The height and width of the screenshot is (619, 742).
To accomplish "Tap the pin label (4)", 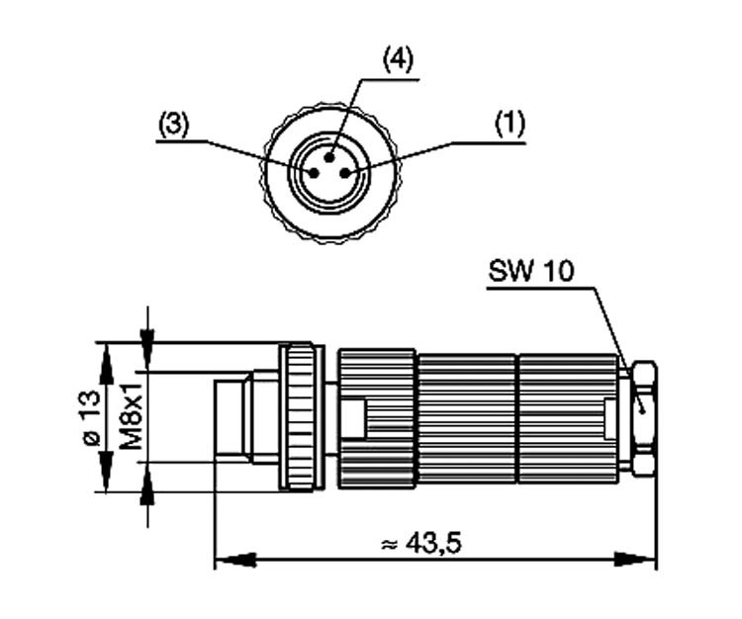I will point(398,59).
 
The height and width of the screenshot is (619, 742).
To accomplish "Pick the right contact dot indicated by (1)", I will point(345,172).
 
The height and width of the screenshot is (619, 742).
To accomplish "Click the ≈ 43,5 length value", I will point(422,542).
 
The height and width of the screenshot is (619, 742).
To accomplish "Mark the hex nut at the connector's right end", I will point(643,416).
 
